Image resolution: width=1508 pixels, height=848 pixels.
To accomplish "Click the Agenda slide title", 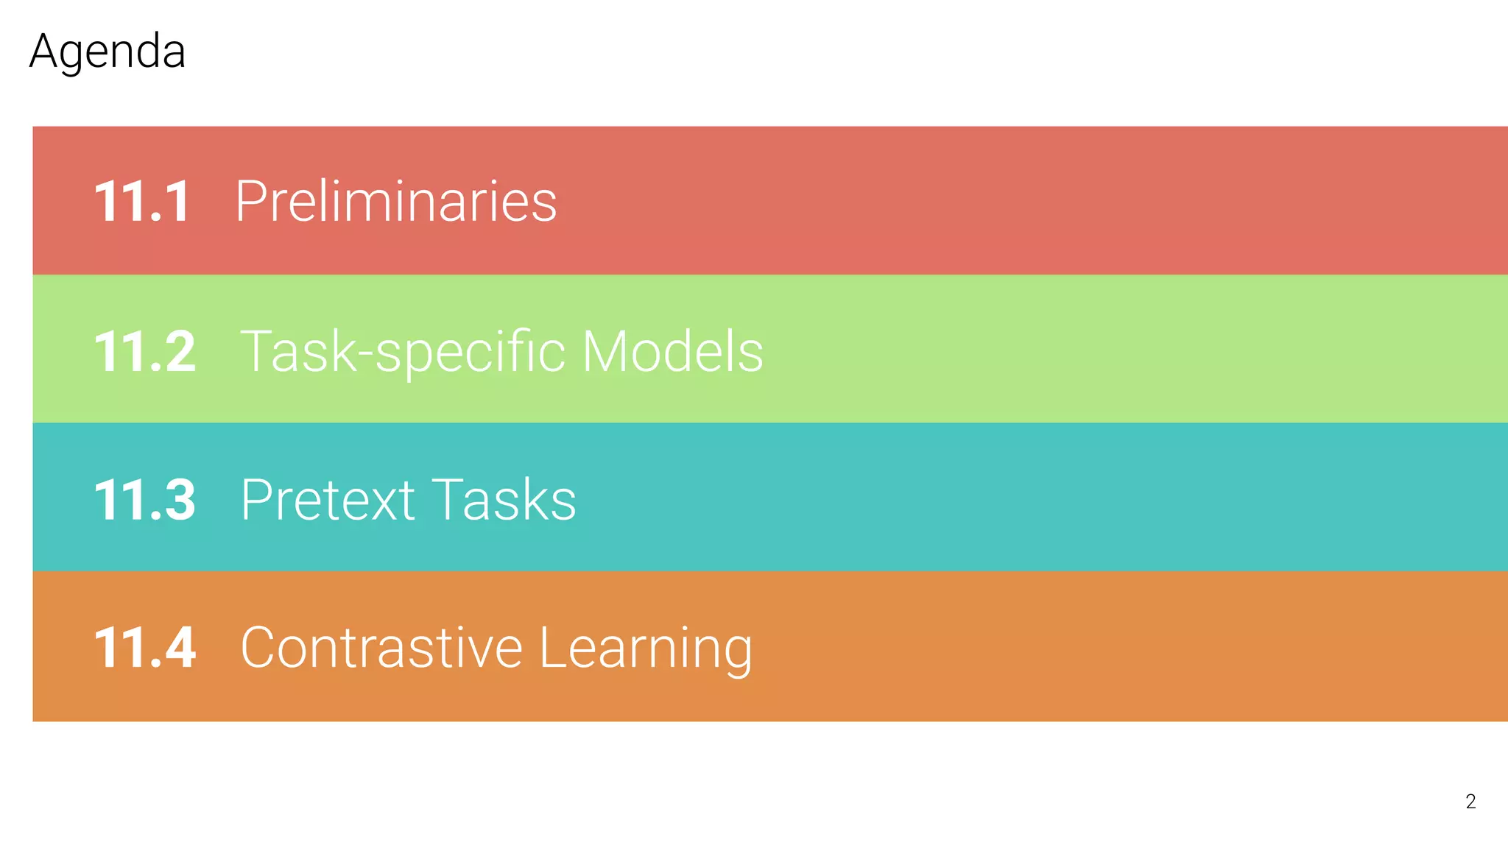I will click(108, 52).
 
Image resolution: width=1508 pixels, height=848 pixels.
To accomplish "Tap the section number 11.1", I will click(142, 202).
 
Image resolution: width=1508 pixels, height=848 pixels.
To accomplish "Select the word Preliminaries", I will click(396, 202).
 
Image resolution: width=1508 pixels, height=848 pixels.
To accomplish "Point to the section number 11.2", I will click(145, 351).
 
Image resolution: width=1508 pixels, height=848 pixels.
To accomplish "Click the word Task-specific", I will click(403, 352).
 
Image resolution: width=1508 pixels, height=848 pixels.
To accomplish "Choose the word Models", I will click(672, 351).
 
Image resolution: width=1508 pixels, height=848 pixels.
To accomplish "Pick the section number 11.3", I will click(145, 500).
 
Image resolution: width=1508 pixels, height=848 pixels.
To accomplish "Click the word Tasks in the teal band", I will click(504, 500).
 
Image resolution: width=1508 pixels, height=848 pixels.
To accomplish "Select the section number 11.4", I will click(145, 648).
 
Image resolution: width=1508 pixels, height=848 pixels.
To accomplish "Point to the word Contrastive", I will click(381, 648).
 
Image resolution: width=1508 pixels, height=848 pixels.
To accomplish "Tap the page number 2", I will click(1470, 802).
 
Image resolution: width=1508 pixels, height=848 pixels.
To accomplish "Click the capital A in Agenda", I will click(45, 52).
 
